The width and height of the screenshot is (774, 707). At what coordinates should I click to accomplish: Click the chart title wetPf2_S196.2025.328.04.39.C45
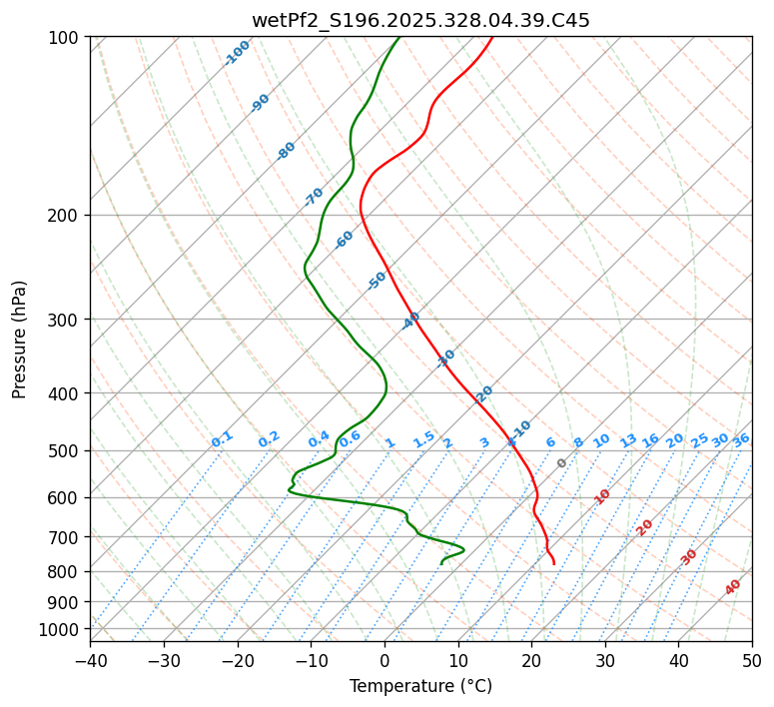[420, 19]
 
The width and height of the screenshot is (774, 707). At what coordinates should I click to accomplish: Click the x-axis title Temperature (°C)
[420, 686]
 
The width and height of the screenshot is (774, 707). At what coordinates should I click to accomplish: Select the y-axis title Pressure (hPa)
[19, 339]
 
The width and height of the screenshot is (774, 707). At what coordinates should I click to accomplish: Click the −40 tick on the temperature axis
[90, 660]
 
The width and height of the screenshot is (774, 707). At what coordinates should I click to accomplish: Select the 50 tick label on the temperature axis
[752, 660]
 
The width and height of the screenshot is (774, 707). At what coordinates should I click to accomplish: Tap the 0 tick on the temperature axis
[385, 660]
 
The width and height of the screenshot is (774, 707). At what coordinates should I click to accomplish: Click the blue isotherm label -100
[237, 53]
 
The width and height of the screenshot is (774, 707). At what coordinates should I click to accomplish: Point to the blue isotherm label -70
[314, 197]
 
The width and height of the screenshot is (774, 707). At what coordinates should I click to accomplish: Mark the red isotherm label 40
[733, 587]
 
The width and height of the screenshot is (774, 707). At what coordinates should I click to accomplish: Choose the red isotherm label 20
[645, 526]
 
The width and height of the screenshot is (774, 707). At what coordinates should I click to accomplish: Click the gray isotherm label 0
[562, 463]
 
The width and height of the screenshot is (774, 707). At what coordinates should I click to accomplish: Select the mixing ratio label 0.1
[222, 439]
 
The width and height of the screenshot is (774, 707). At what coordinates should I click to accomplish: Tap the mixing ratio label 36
[741, 439]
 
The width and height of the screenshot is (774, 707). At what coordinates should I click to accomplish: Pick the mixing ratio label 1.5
[424, 439]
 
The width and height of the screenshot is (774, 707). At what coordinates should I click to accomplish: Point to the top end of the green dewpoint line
[398, 37]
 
